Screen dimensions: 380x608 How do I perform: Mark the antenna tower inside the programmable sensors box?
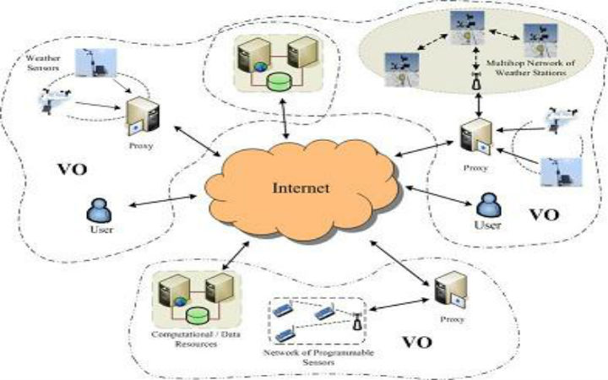pos(356,320)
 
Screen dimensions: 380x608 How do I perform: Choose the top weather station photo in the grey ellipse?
pos(463,25)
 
